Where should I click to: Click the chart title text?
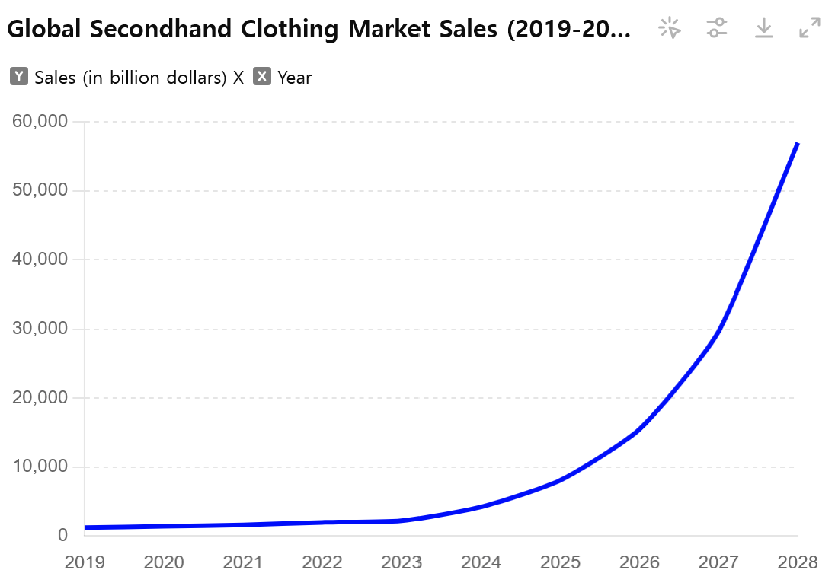point(319,30)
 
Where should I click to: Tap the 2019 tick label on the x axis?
point(85,562)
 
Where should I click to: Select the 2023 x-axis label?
point(402,562)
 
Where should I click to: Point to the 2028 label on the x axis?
point(798,562)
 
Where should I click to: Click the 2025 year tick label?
point(560,562)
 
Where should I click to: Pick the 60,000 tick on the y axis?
point(40,121)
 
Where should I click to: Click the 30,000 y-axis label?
point(40,329)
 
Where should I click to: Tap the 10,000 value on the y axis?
point(40,467)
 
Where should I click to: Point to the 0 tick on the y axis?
point(62,536)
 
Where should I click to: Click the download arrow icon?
point(763,29)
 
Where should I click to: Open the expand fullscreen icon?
point(810,29)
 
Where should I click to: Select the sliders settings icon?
point(717,29)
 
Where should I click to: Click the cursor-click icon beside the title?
point(670,29)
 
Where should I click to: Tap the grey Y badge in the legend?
point(20,77)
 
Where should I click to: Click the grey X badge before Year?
point(262,77)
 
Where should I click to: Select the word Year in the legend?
point(295,77)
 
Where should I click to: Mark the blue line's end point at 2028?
point(797,143)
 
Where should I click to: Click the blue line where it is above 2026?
point(639,430)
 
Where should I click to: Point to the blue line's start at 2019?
point(86,527)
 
